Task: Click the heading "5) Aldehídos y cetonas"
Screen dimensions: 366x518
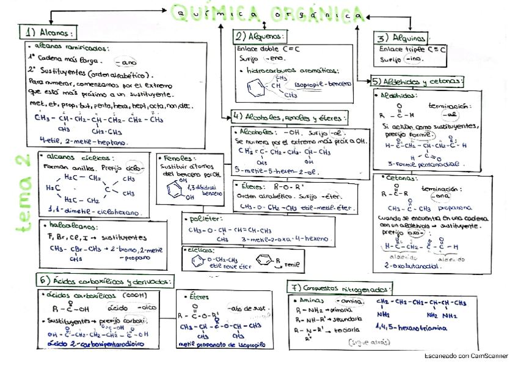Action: click(418, 81)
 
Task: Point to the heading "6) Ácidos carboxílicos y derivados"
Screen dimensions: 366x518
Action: click(106, 280)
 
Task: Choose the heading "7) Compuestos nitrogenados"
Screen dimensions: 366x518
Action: click(340, 287)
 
